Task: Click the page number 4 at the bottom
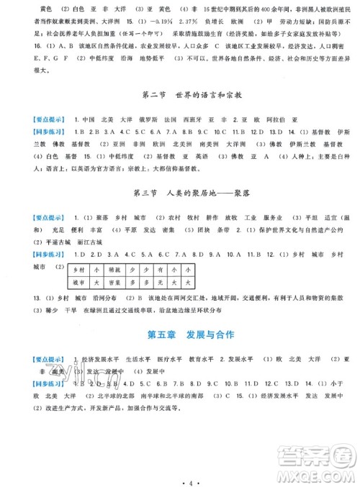click(180, 477)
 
